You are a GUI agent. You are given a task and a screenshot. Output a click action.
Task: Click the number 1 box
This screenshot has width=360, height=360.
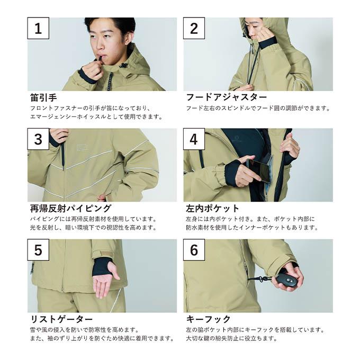pyautogui.click(x=38, y=28)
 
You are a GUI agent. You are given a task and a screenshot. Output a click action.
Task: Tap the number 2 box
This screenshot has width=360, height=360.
pyautogui.click(x=194, y=28)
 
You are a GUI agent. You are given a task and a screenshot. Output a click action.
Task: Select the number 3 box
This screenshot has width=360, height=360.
pyautogui.click(x=38, y=139)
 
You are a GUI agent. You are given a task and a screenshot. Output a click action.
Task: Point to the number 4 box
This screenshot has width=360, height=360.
pyautogui.click(x=194, y=139)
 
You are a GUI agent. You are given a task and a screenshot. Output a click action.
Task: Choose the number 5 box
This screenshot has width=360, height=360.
pyautogui.click(x=38, y=250)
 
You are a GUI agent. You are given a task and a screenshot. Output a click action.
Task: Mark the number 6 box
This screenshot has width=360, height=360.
pyautogui.click(x=194, y=250)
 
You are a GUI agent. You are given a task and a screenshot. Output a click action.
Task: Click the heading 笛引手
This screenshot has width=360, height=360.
pyautogui.click(x=43, y=97)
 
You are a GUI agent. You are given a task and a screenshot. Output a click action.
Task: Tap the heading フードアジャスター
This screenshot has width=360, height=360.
pyautogui.click(x=227, y=97)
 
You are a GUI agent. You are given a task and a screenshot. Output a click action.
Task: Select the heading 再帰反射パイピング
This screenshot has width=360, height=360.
pyautogui.click(x=70, y=209)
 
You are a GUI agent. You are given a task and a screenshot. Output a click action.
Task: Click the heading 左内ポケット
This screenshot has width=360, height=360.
pyautogui.click(x=213, y=209)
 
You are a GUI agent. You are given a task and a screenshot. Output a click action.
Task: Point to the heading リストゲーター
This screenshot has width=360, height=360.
pyautogui.click(x=61, y=319)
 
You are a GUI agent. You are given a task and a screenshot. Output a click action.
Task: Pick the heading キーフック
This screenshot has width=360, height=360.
pyautogui.click(x=208, y=319)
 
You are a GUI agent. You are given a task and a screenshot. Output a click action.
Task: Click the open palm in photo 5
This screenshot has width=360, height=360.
pyautogui.click(x=105, y=281)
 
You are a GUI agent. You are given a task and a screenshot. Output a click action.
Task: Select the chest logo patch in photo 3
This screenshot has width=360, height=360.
pyautogui.click(x=80, y=148)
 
